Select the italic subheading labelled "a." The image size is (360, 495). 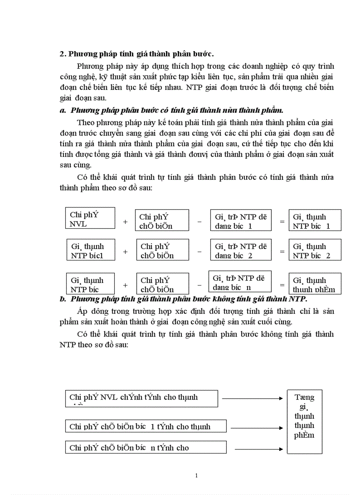pos(174,110)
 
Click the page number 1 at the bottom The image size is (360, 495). pos(196,476)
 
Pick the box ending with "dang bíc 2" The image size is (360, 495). pos(240,250)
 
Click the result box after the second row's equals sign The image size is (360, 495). pos(315,250)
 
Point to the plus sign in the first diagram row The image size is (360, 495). pos(125,222)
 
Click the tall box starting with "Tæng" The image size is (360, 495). pos(304,421)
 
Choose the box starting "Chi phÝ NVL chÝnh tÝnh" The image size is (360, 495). pos(141,398)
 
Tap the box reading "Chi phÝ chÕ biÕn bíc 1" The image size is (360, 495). pos(146,426)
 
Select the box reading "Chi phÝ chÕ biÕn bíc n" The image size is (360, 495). pos(146,447)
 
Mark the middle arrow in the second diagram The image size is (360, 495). pos(256,428)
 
